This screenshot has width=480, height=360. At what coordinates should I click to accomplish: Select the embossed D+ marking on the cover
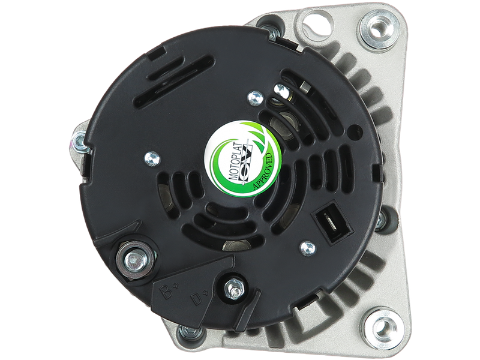pos(198,298)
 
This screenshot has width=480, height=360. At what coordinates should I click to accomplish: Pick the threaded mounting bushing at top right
pos(377,30)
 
